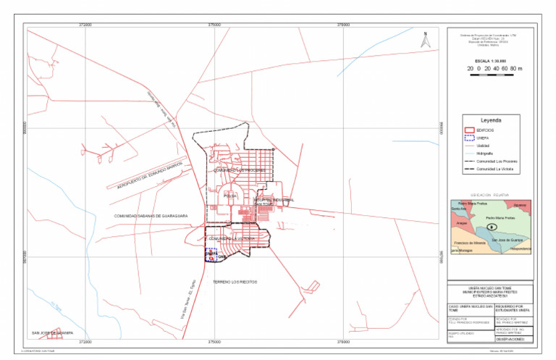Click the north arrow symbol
426,41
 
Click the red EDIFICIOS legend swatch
468,129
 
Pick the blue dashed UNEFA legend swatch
468,137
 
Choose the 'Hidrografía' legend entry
486,154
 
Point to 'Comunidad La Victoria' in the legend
496,169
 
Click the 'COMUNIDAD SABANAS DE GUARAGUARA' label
151,215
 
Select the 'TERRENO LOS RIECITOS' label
235,281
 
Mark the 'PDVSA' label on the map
230,196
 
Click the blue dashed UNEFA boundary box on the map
210,254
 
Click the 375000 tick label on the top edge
215,25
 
